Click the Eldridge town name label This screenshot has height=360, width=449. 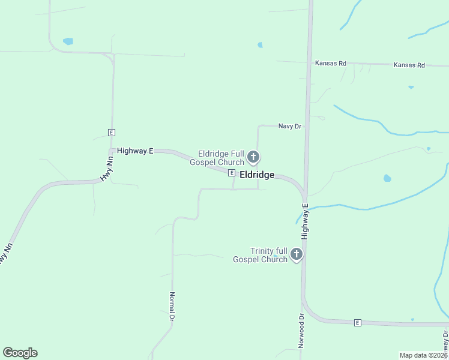[x=257, y=175]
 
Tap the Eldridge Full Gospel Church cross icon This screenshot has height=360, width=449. [x=253, y=158]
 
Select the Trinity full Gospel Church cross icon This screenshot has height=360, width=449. [x=296, y=255]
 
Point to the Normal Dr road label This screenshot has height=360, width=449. [x=172, y=306]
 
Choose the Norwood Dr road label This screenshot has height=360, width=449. [x=301, y=330]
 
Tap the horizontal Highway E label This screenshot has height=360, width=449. [x=135, y=151]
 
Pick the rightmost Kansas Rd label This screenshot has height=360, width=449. [x=409, y=65]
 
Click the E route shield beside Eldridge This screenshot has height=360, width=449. [x=231, y=173]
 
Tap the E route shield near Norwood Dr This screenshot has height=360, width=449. [x=357, y=323]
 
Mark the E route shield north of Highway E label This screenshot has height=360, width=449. [x=111, y=132]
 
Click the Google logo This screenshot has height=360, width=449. [x=20, y=353]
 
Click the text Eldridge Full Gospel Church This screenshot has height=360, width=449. [x=217, y=158]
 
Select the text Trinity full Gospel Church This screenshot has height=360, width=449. [x=269, y=255]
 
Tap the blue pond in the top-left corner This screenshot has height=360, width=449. [x=68, y=41]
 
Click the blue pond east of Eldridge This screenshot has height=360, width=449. [x=387, y=178]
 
